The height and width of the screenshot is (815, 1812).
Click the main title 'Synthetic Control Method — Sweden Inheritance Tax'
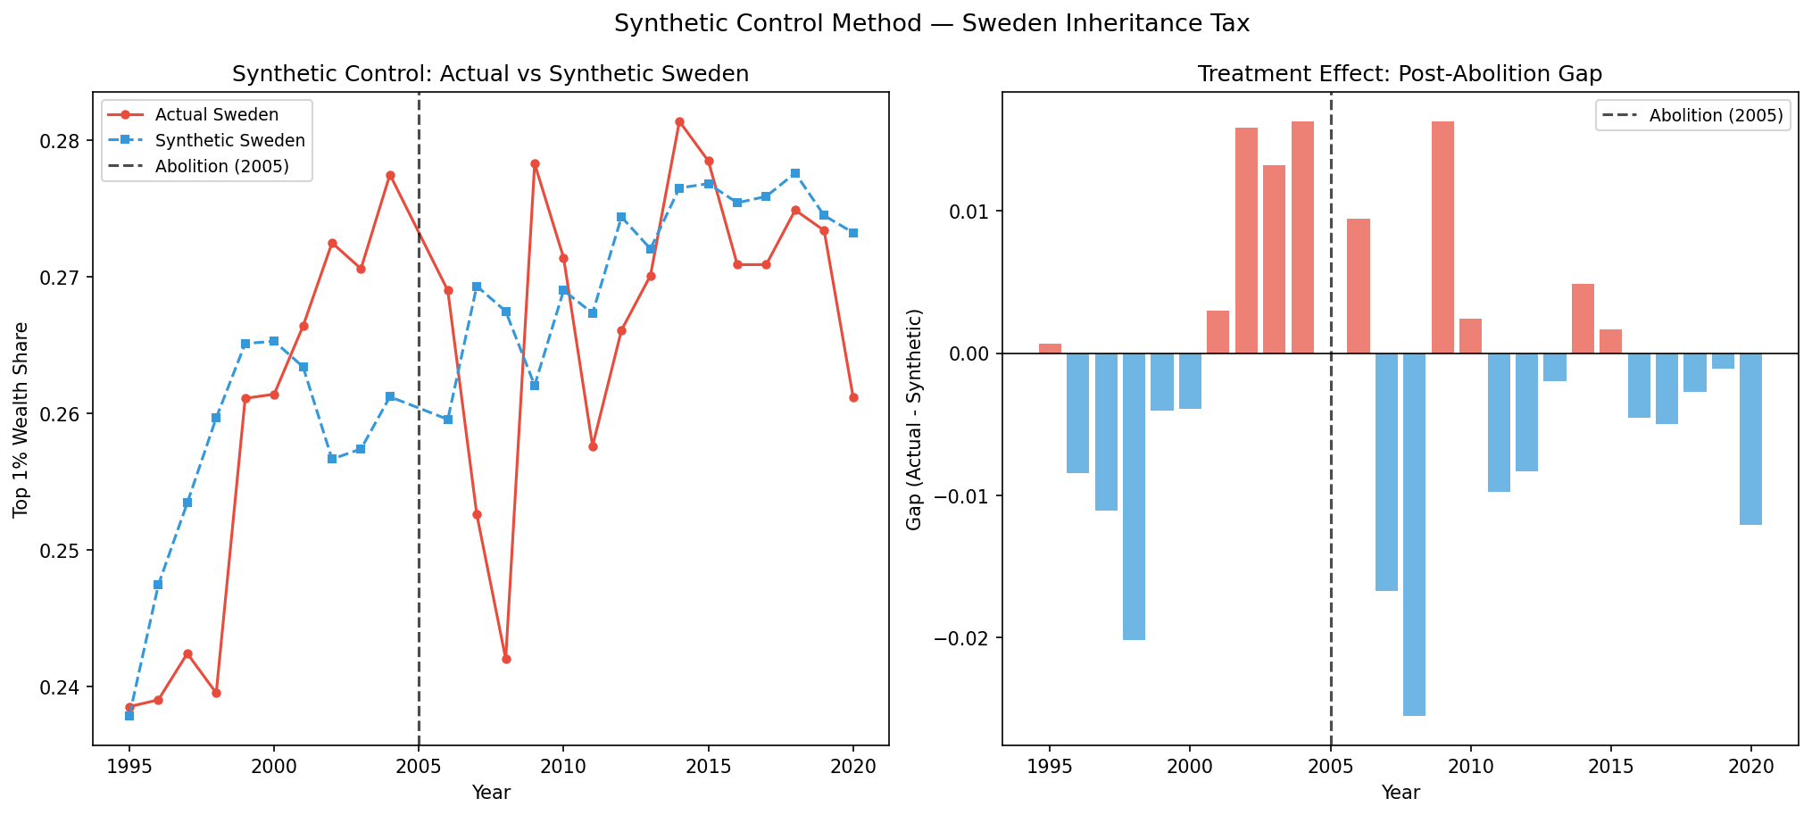pos(931,24)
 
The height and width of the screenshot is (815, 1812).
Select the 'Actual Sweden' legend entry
pos(216,115)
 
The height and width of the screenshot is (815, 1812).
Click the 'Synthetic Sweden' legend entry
pos(229,141)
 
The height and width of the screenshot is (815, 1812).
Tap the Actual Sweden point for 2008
pos(506,659)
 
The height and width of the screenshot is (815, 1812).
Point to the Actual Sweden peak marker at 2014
pos(679,121)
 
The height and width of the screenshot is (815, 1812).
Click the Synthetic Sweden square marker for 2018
pos(795,173)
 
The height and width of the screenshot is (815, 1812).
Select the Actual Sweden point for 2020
pos(853,397)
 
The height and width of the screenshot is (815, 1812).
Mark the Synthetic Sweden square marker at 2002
pos(332,459)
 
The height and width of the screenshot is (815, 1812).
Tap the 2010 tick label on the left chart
pos(563,769)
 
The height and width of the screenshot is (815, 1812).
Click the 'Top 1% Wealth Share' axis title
pos(21,420)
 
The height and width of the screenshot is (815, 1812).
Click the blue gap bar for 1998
pos(1134,496)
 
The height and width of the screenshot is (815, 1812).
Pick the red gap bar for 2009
pos(1442,237)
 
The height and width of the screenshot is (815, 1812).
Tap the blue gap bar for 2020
pos(1750,438)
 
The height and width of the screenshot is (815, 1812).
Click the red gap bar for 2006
pos(1358,286)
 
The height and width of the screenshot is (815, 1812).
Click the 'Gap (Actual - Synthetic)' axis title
pos(913,420)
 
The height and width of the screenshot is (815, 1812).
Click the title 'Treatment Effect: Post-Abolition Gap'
pos(1400,74)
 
